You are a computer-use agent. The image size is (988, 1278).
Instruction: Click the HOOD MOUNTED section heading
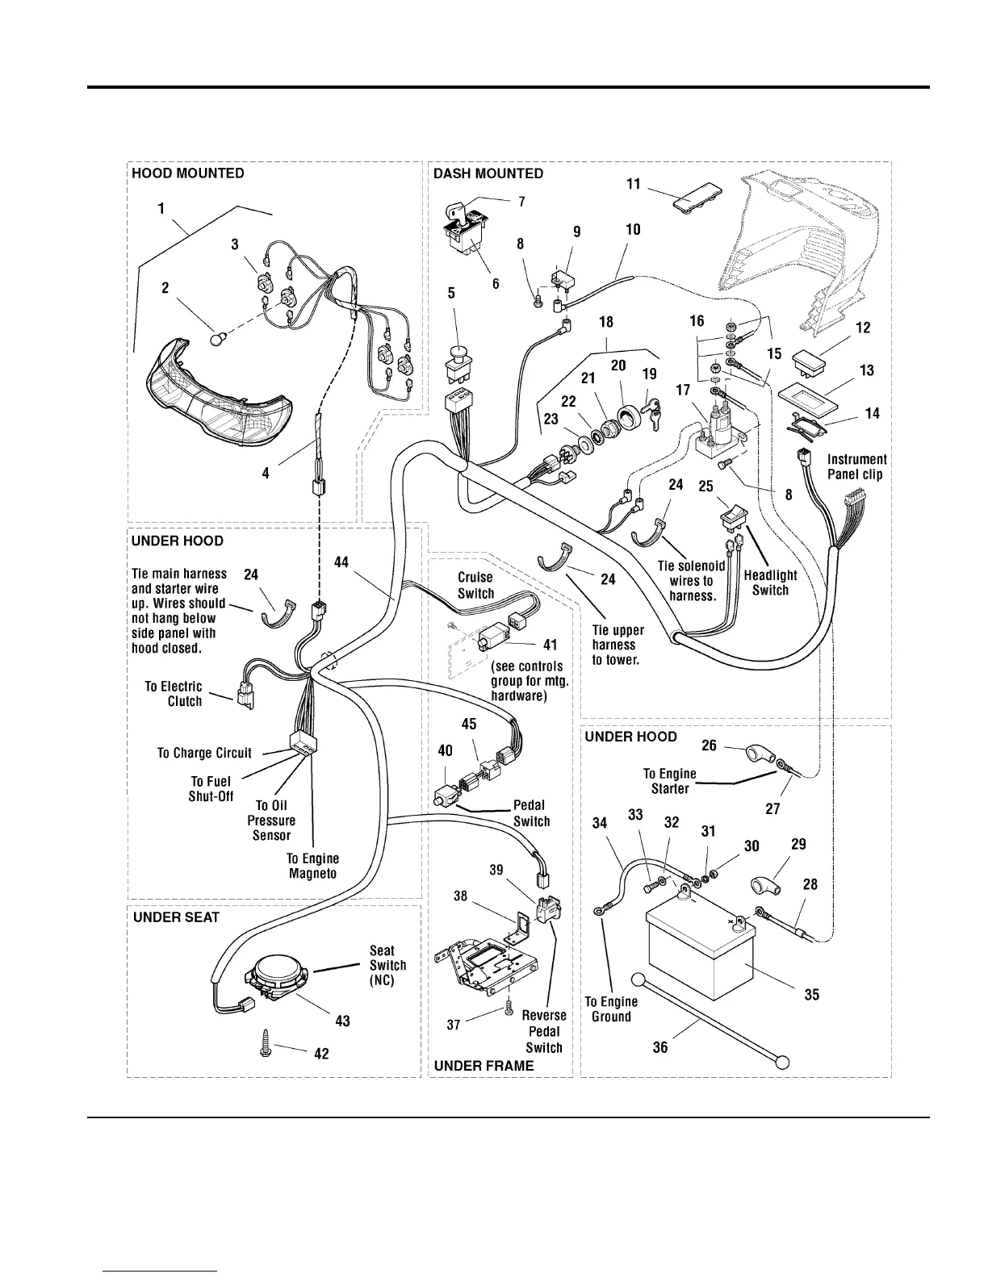187,173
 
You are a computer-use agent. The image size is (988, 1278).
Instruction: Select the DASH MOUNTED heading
488,173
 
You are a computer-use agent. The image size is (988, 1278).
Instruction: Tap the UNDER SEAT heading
176,917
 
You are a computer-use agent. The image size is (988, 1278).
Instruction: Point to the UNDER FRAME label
484,1066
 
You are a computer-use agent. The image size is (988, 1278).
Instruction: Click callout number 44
341,562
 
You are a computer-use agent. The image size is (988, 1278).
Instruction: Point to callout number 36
660,1048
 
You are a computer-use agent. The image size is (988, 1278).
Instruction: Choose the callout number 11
633,184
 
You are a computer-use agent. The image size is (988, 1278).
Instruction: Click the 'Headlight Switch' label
770,583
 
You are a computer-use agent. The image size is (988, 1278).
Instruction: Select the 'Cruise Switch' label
475,585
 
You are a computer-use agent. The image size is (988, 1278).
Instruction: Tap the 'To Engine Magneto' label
313,866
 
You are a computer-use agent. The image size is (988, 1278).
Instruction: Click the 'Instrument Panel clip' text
856,466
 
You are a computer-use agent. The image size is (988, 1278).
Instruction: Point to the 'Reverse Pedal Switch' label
543,1031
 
